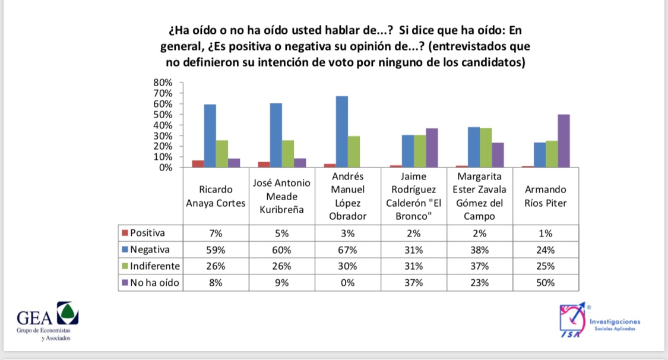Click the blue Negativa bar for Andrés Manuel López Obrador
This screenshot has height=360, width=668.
coord(341,132)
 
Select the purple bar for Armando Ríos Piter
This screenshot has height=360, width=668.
coord(563,141)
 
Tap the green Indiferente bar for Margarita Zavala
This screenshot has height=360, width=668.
coord(486,147)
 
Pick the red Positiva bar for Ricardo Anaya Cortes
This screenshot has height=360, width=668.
coord(198,164)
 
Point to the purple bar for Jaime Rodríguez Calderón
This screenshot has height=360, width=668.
coord(432,148)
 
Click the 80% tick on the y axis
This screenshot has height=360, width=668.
coord(164,83)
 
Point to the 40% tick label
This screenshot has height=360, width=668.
coord(164,125)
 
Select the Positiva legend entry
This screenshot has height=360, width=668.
coord(145,233)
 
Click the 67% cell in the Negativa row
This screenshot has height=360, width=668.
coord(347,250)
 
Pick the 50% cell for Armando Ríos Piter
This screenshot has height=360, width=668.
coord(545,283)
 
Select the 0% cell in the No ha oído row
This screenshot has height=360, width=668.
coord(347,283)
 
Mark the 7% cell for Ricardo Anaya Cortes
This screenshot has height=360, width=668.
coord(216,233)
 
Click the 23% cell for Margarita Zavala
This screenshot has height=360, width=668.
coord(480,283)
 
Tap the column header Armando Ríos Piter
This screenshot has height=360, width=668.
coord(545,197)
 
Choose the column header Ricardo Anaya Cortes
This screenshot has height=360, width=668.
coord(216,197)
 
